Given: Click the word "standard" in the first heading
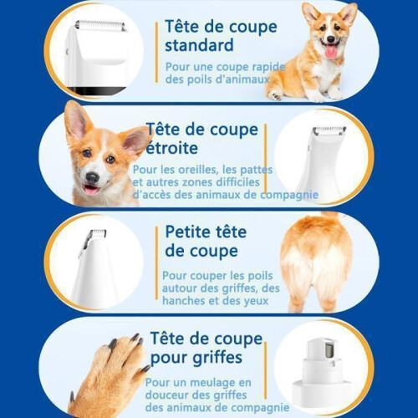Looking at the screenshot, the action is [x=199, y=45].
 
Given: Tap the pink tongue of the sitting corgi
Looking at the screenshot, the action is [x=331, y=51].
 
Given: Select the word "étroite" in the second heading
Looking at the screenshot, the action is [x=172, y=148].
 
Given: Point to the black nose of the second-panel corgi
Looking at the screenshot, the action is [x=92, y=177].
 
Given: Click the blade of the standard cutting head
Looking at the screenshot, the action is [x=100, y=25].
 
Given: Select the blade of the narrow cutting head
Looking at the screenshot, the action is [x=329, y=130].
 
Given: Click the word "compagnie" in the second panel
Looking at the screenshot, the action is [x=289, y=195].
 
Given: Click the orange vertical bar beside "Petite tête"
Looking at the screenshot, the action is [x=156, y=263].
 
